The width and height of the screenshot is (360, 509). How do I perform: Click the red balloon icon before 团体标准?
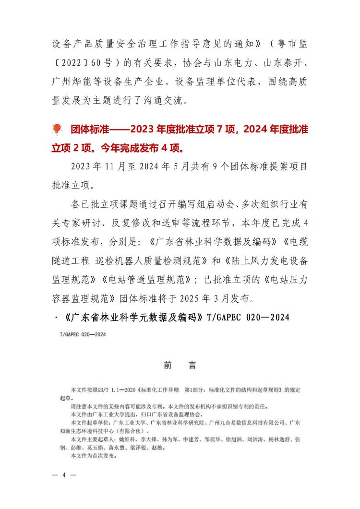57,129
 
